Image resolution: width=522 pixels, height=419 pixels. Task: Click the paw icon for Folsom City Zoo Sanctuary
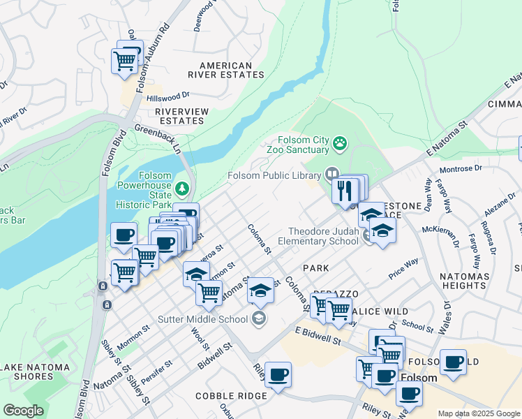coord(340,144)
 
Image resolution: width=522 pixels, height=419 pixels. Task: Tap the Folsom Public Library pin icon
coord(332,175)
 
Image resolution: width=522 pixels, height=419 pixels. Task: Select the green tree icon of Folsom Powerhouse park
coord(182,188)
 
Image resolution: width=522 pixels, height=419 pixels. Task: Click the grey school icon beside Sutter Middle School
coord(259,319)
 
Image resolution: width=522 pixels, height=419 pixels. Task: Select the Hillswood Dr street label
coord(167,96)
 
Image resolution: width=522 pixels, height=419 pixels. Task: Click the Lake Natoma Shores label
coord(36,372)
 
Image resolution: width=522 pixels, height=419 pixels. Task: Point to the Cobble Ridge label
coord(232,396)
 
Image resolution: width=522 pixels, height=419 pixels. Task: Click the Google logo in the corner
coord(23,411)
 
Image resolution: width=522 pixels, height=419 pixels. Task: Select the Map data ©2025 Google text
coord(479,413)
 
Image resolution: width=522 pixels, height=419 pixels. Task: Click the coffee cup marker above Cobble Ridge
coord(278,375)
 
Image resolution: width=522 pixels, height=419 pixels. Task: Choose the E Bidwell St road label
coord(317,335)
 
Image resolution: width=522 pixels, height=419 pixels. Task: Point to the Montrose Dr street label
coord(460,168)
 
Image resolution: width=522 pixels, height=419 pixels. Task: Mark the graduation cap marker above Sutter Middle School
coord(260,291)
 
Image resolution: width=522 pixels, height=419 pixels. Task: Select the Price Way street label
coord(403,265)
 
